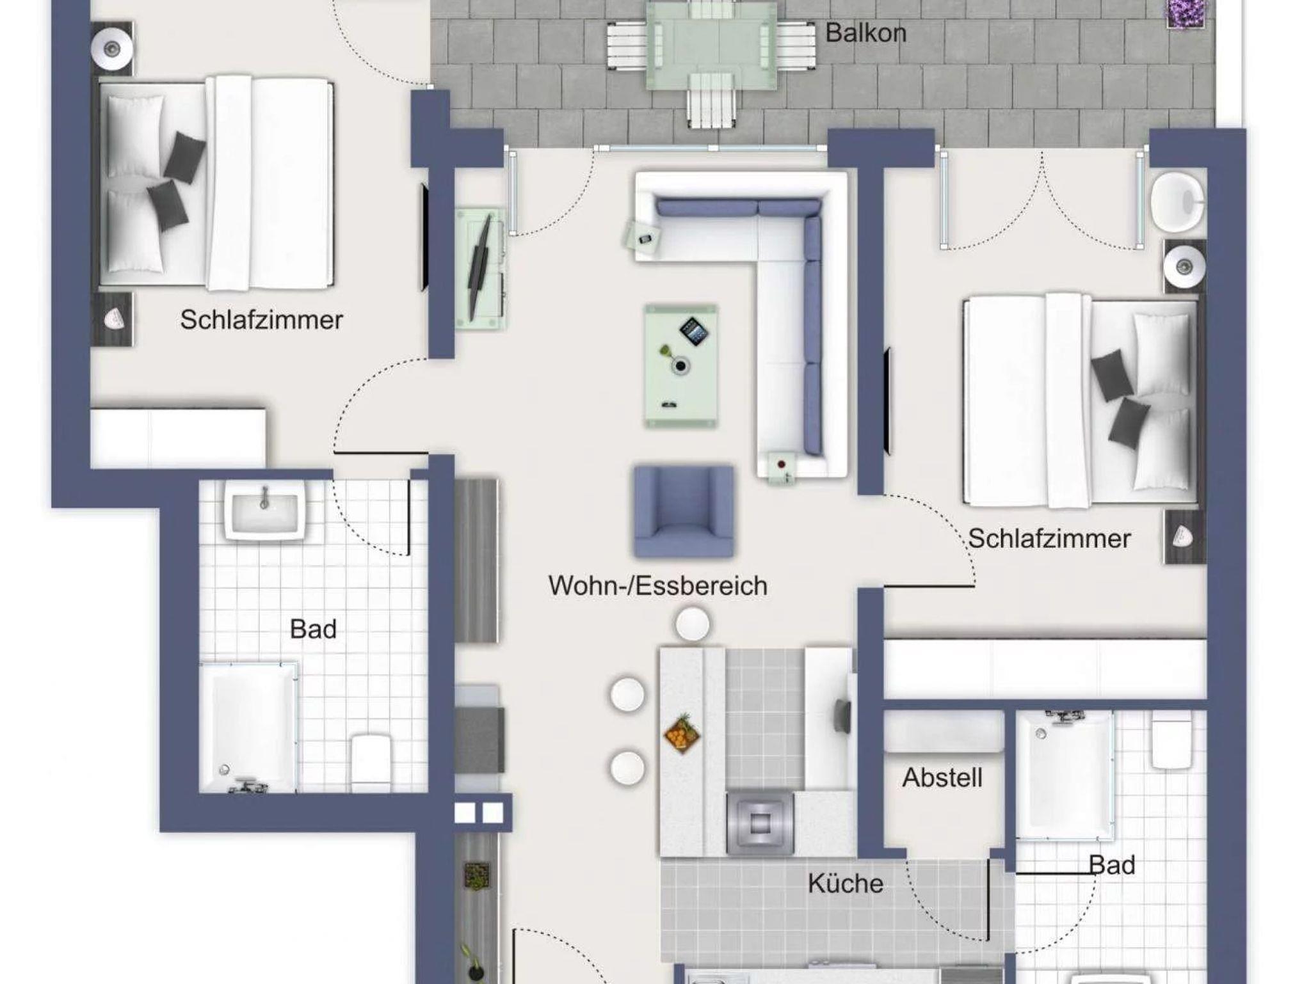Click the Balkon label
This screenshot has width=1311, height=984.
pos(865,33)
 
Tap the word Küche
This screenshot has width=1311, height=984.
pos(846,884)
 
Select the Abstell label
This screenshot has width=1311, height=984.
pos(942,777)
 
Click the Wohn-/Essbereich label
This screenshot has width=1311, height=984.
pos(658,585)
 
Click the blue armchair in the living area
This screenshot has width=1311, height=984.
pos(684,511)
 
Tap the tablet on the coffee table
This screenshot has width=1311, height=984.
pos(694,331)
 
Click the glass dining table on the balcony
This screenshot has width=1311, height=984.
pos(711,45)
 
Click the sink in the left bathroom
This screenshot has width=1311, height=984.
pos(264,510)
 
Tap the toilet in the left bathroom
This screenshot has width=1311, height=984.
pos(371,762)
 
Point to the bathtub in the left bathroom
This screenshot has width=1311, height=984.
pos(248,727)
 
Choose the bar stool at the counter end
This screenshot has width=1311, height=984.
pos(692,623)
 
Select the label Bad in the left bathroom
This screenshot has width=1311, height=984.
pos(313,629)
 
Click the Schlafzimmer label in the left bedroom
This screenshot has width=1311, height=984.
pos(261,319)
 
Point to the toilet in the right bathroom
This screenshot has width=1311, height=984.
pos(1171,740)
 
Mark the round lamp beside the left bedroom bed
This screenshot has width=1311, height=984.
pos(113,47)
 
